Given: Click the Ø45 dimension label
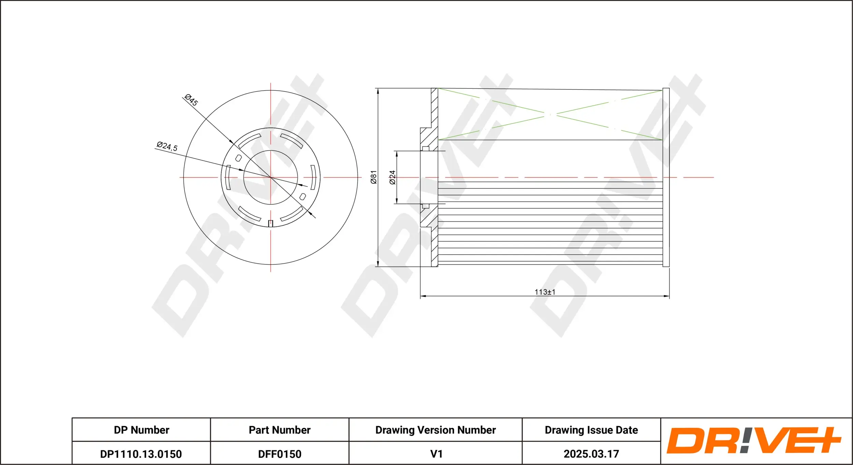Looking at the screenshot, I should coord(191,100).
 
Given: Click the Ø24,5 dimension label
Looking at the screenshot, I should coord(167,146).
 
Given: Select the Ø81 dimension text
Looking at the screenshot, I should coord(374,177).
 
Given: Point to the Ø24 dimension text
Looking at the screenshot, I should coord(392,177).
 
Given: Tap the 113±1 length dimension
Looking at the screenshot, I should coord(545,292).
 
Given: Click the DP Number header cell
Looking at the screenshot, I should coord(141,430).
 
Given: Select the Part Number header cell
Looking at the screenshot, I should coord(279,430).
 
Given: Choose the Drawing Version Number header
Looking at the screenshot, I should coord(435,430).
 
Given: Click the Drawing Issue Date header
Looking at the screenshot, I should coord(591,430).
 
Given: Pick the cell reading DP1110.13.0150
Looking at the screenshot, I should coord(141,454).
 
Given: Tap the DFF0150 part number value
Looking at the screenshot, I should coord(279,454).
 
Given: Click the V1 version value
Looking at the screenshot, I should coord(436,454).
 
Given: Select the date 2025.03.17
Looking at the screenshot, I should coord(591,454).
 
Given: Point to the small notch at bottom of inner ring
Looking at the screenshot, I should coord(271,223).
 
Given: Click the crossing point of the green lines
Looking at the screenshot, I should coord(550,115).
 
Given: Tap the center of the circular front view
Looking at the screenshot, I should coord(271,177).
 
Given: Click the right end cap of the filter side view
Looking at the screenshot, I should coord(666,177).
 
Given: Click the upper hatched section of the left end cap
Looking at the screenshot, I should coord(434,109).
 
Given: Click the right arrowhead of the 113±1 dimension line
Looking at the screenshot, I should coord(667,296).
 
